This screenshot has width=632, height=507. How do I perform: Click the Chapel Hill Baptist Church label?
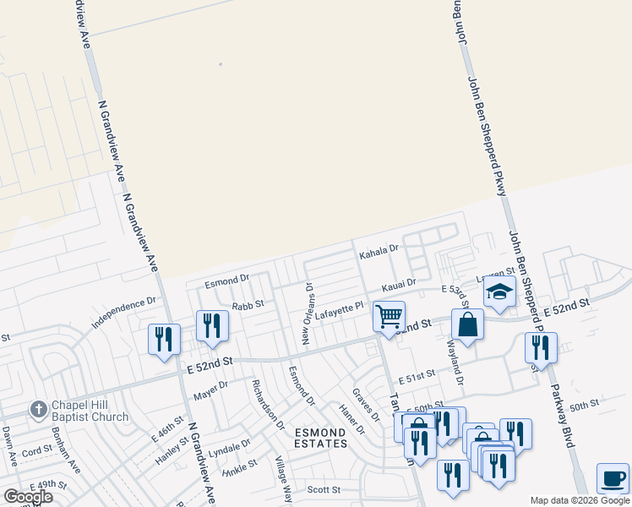[88, 411]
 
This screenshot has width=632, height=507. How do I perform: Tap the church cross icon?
[38, 411]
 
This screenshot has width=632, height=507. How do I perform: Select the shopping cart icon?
[389, 318]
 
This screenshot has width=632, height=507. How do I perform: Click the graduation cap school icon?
[499, 292]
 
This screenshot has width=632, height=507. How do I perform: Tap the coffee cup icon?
[613, 478]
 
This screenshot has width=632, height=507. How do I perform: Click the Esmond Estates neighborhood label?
[320, 438]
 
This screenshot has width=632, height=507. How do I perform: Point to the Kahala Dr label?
[378, 252]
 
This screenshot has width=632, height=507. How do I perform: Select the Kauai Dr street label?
[399, 284]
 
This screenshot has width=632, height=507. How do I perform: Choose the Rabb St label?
[248, 303]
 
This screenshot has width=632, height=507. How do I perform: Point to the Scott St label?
[323, 489]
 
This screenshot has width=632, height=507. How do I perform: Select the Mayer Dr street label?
[210, 390]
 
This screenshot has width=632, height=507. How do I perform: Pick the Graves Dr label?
[365, 403]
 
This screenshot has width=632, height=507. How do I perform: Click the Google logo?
[28, 497]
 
